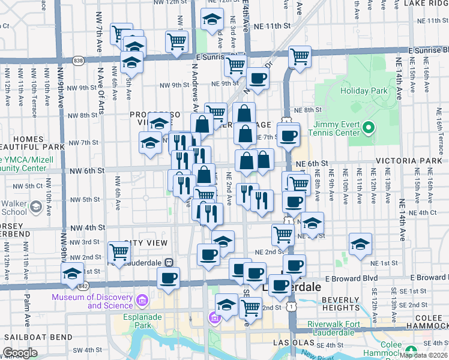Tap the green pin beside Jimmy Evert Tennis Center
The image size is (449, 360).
coord(370,128)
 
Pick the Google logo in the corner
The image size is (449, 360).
coord(20,353)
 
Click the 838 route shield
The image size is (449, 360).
coord(79,60)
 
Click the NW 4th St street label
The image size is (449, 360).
coord(87,228)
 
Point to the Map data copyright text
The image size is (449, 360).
coord(424,355)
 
